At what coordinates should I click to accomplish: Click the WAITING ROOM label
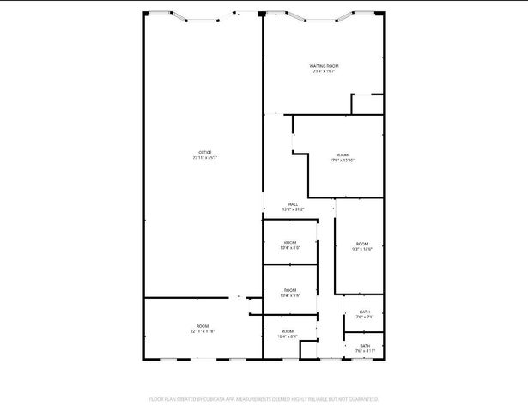click(x=325, y=65)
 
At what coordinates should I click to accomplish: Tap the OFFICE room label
click(x=205, y=152)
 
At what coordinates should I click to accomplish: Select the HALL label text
click(x=294, y=203)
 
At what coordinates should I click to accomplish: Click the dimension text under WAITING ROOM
click(x=325, y=71)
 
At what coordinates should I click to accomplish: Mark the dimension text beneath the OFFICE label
click(x=205, y=158)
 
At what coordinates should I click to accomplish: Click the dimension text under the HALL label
click(x=294, y=209)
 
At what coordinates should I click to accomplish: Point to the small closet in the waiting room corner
click(x=367, y=103)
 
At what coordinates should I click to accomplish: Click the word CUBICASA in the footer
click(x=212, y=399)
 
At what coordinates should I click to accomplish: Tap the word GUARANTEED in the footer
click(x=362, y=399)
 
